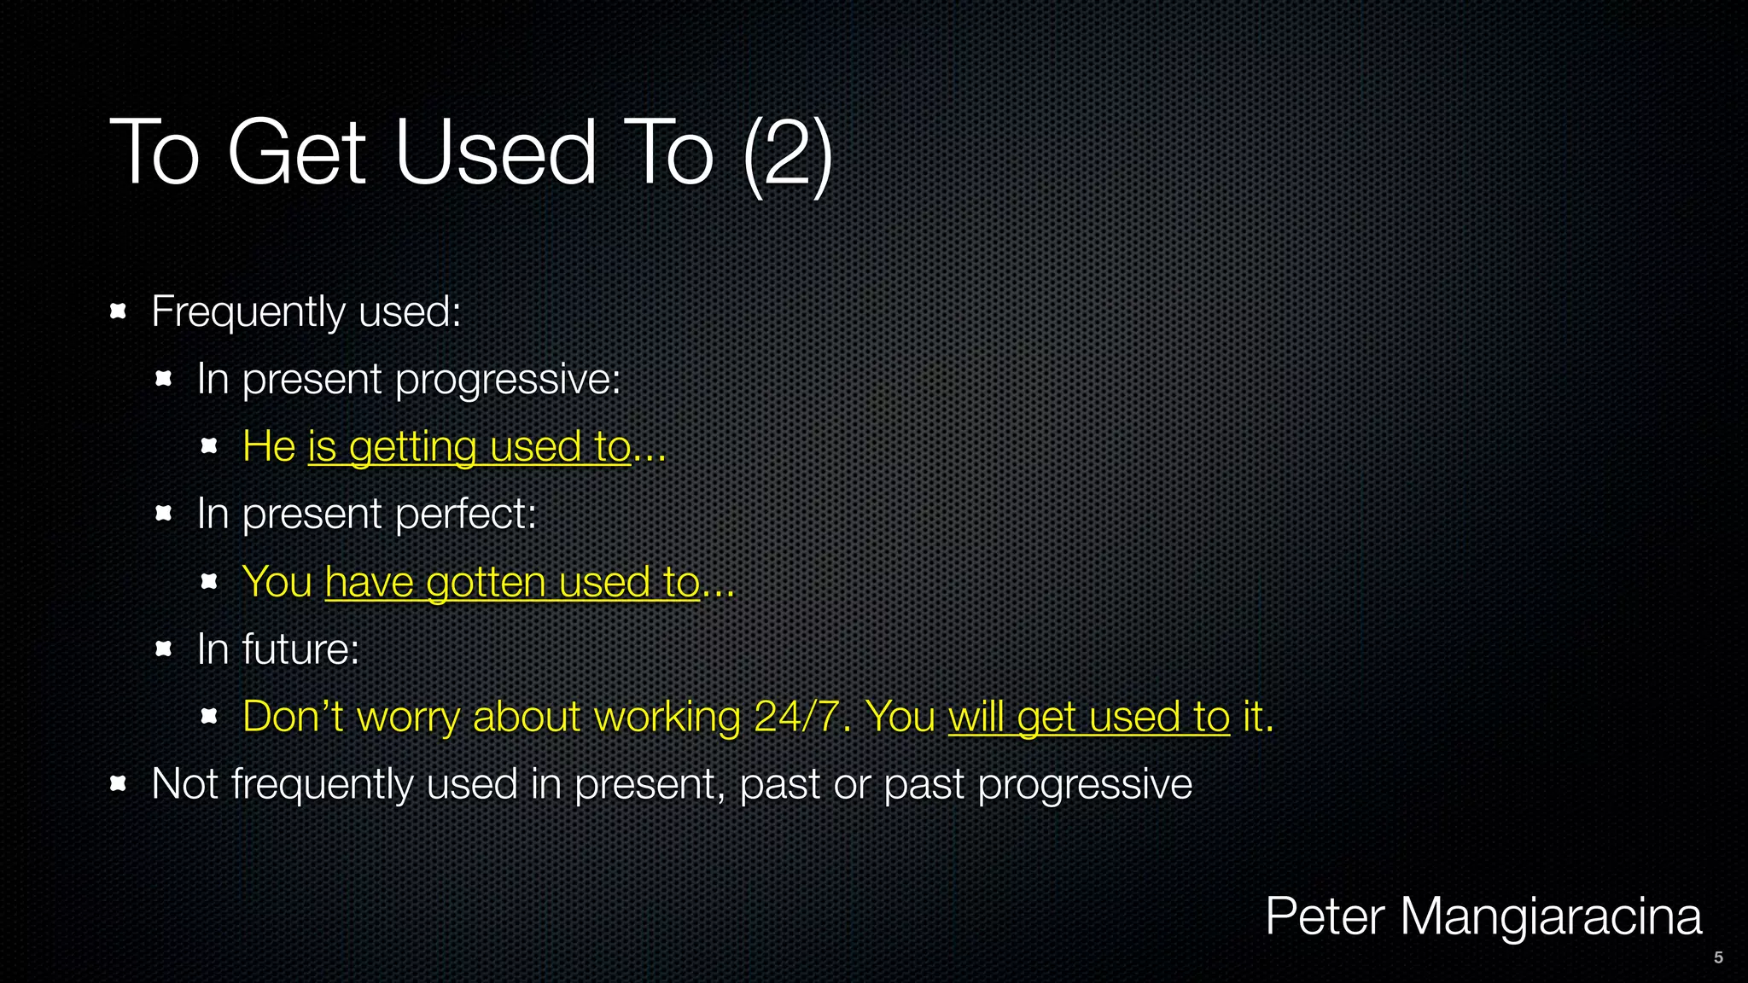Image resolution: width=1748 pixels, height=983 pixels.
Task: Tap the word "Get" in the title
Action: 296,154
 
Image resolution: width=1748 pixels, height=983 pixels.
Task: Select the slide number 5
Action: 1718,957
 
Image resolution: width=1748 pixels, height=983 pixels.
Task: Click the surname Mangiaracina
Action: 1551,917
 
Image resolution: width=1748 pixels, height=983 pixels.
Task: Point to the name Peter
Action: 1324,917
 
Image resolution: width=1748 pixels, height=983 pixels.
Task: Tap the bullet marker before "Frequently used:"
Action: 119,311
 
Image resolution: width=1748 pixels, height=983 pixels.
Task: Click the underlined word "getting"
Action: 412,447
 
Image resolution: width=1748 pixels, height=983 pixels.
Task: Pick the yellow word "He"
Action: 269,446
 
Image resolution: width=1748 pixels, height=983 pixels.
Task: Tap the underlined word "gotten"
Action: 486,583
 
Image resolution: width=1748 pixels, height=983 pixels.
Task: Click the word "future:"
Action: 300,649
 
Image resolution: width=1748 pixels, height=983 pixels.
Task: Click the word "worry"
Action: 408,718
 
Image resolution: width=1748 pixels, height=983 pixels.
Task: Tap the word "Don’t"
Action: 293,716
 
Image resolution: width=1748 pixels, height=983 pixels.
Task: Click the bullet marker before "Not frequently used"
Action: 119,783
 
